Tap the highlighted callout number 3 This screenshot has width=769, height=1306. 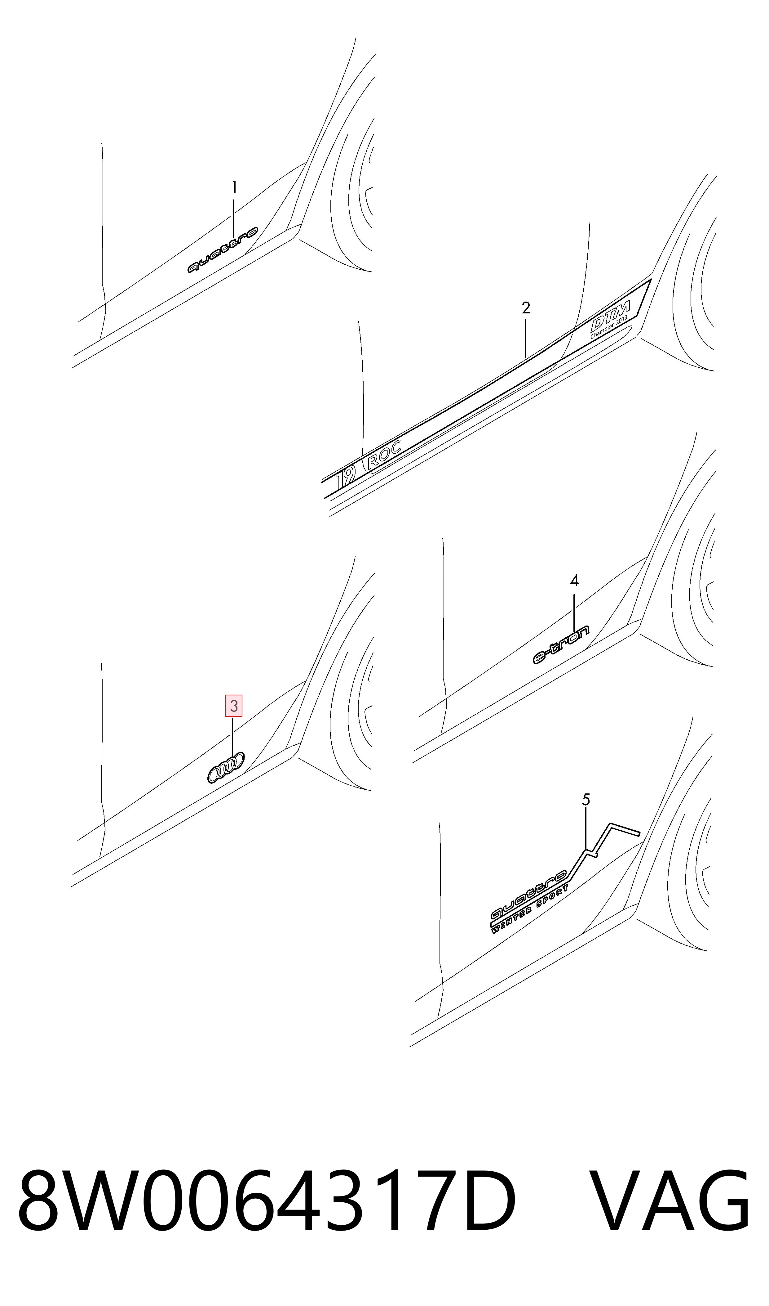click(234, 706)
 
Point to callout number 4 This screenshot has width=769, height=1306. click(574, 581)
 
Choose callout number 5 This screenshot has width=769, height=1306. click(586, 800)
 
